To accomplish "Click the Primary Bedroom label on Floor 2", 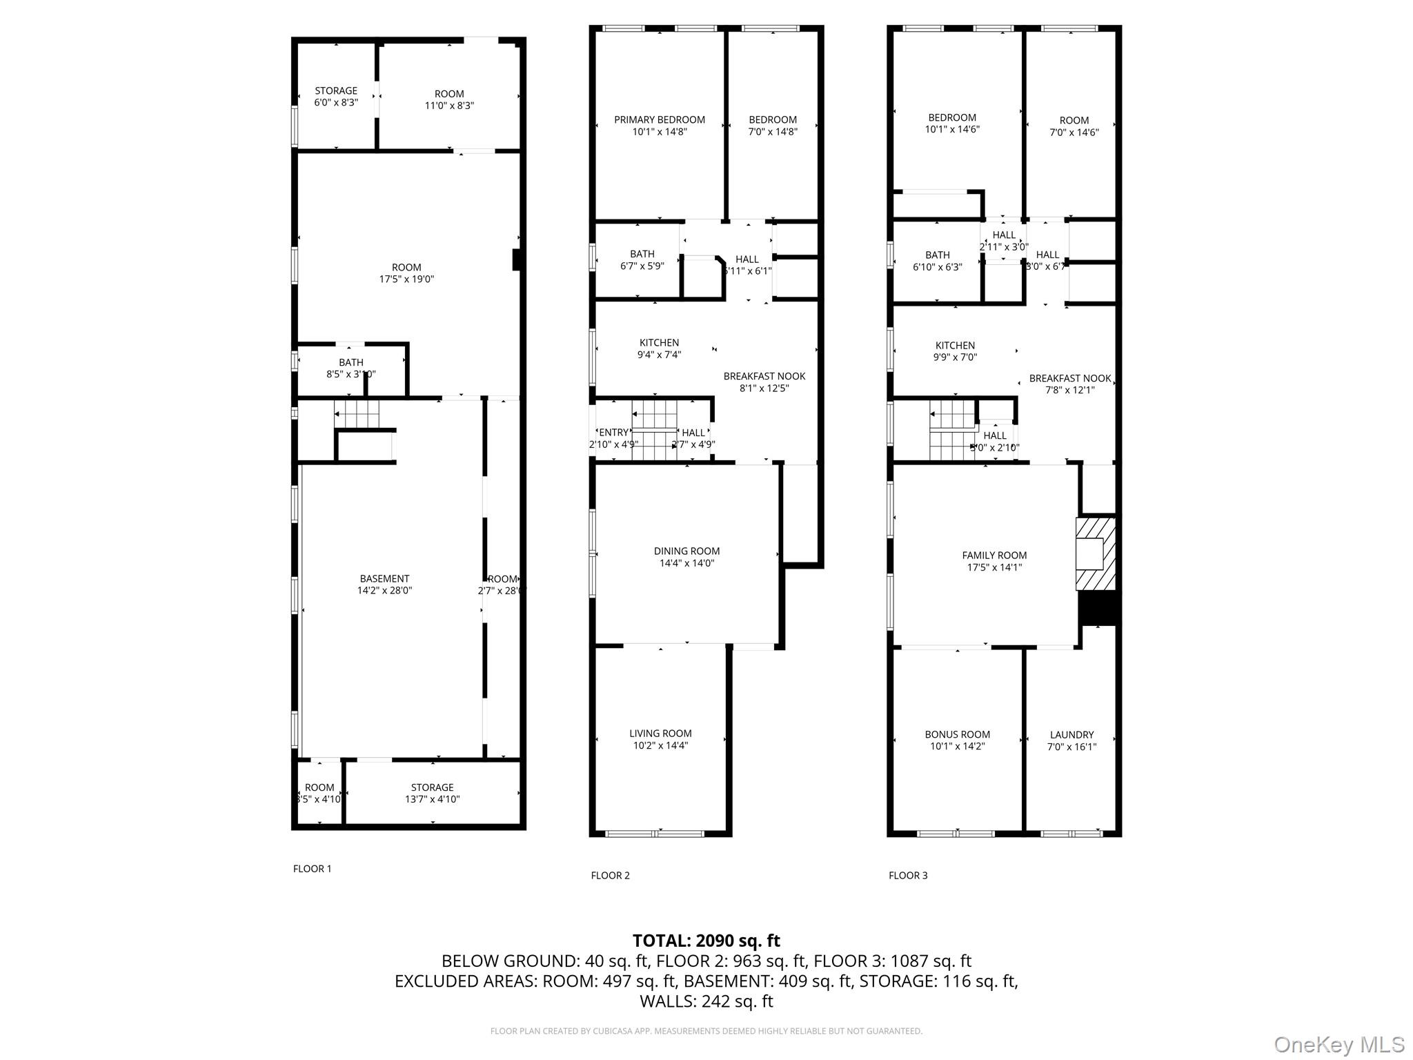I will click(660, 119).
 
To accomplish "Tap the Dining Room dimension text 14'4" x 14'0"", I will click(686, 563).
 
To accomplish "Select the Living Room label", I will click(660, 734).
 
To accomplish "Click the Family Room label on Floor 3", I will click(994, 556).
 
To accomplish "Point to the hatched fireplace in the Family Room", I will click(1095, 553).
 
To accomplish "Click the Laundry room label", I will click(1071, 735).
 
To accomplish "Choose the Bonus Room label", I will click(957, 735).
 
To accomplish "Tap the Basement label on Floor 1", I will click(384, 579).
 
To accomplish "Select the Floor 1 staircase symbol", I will click(357, 413).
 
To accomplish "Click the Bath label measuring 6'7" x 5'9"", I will click(642, 254).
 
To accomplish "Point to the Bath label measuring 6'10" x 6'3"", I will click(937, 255).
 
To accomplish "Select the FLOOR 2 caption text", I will click(610, 875).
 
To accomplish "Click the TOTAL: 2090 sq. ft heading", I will click(706, 941).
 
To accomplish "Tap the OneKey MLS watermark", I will click(1338, 1044).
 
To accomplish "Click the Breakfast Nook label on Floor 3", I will click(1069, 378).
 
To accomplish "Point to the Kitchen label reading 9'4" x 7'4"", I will click(659, 343).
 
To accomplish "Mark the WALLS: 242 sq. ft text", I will click(706, 1001).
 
